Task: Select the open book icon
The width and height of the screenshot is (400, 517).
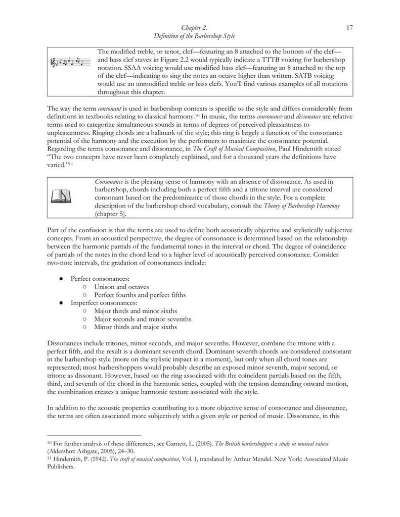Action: [61, 196]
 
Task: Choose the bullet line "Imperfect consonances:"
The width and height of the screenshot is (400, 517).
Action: [104, 302]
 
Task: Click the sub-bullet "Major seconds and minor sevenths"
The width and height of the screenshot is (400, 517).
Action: [143, 319]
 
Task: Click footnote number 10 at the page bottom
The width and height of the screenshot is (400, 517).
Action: [49, 442]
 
